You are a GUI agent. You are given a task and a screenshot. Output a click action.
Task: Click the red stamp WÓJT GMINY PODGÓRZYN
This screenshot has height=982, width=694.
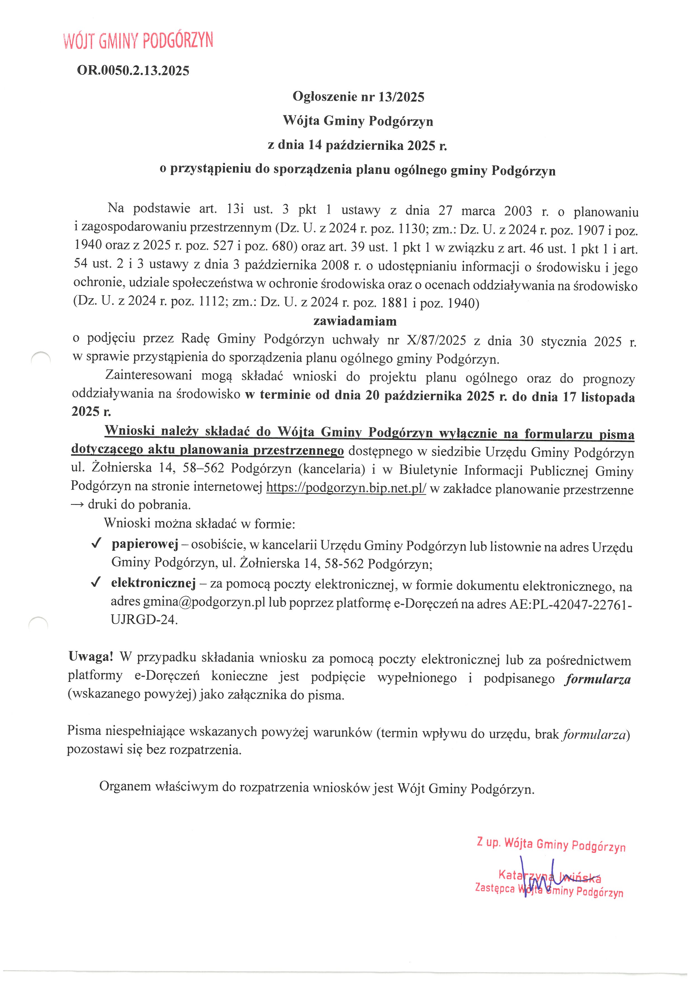pyautogui.click(x=138, y=41)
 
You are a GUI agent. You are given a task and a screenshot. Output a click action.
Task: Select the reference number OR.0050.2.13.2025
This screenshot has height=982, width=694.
pyautogui.click(x=133, y=71)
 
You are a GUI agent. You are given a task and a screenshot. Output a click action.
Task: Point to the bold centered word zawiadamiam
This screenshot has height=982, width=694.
pyautogui.click(x=355, y=321)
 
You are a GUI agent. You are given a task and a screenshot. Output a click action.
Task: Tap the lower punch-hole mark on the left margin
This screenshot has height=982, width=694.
pyautogui.click(x=38, y=622)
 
